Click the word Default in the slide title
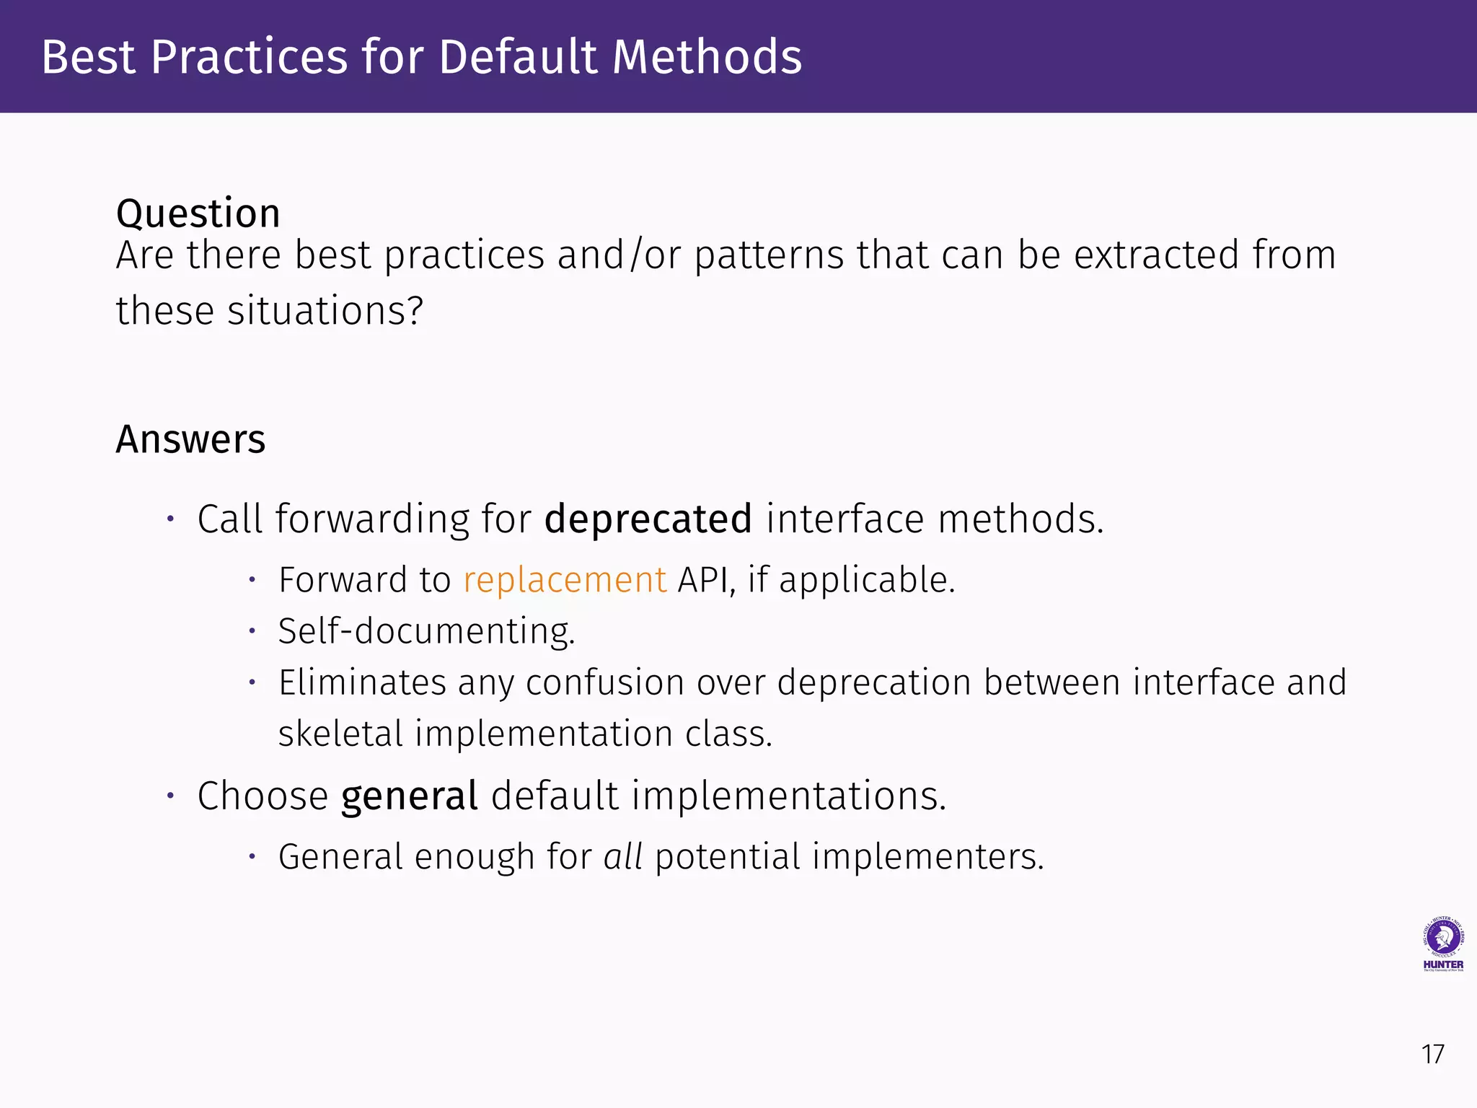(519, 57)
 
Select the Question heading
(198, 214)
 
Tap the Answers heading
(190, 439)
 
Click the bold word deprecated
(648, 519)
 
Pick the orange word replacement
(565, 581)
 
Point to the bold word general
(409, 796)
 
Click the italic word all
(622, 857)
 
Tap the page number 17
(1432, 1055)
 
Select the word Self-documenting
(426, 632)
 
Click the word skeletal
(340, 734)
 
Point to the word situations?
(325, 312)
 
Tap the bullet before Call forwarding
(170, 519)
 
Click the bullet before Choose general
(170, 796)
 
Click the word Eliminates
(362, 683)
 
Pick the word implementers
(927, 857)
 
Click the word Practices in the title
(249, 57)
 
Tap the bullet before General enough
(252, 857)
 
